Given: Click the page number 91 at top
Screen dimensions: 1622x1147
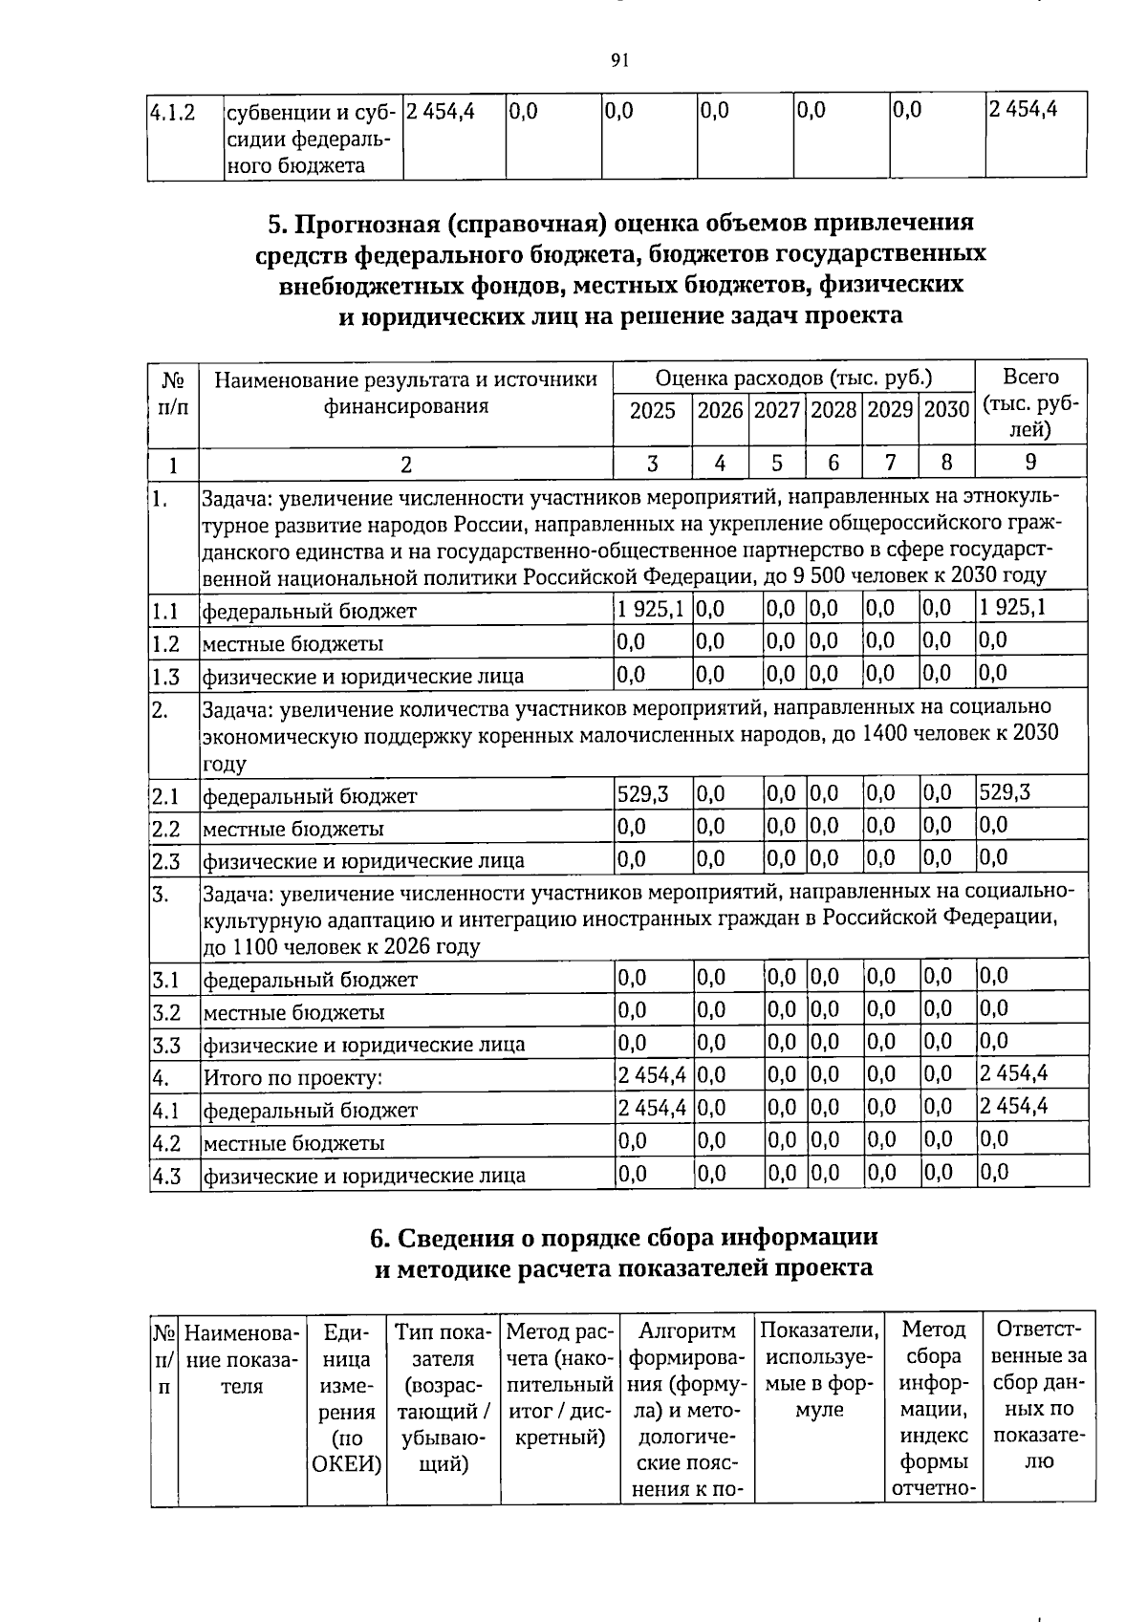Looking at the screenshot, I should (x=618, y=61).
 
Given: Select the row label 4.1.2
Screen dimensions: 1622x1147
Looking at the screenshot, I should (x=173, y=113).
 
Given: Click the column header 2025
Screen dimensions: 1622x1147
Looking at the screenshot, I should (x=652, y=411).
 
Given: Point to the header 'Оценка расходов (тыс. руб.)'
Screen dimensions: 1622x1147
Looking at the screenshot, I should (x=793, y=378).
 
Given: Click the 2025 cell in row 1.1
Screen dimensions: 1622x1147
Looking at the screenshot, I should (x=650, y=608).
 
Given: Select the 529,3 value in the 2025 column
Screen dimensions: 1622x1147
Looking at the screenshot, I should (x=643, y=793).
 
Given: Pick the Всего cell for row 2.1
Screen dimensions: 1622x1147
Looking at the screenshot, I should (x=1005, y=792).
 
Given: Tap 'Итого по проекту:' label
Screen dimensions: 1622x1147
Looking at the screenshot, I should (x=292, y=1078).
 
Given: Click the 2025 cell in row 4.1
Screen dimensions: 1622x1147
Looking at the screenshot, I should (x=652, y=1108).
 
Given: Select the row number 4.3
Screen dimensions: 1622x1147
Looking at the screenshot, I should (x=166, y=1176).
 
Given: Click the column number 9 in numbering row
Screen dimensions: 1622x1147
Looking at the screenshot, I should (x=1030, y=464).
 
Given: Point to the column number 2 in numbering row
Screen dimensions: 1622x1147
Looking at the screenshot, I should (x=405, y=465).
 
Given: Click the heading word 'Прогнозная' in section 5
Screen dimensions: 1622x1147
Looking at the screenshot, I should (x=367, y=224).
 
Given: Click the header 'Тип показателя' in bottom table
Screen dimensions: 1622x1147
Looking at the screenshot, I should (x=443, y=1343).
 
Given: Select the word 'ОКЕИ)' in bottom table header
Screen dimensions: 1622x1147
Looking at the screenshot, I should (x=346, y=1464).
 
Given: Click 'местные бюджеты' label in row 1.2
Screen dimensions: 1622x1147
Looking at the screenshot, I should (x=292, y=644).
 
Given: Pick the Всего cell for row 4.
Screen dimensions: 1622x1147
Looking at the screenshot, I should (x=1013, y=1073).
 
